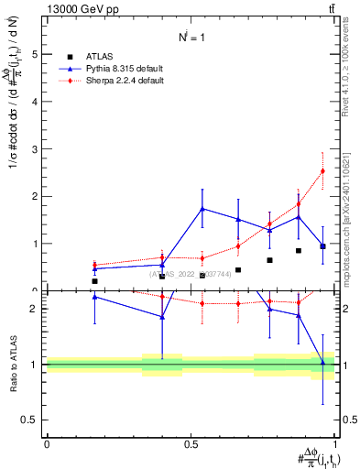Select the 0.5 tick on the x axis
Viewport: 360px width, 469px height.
pos(191,442)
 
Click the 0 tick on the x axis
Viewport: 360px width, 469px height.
pos(47,442)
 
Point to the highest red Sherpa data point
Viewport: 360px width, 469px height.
pos(322,170)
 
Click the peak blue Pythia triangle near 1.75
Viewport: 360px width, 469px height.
pos(202,208)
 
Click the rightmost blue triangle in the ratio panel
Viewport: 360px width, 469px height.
pos(322,364)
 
